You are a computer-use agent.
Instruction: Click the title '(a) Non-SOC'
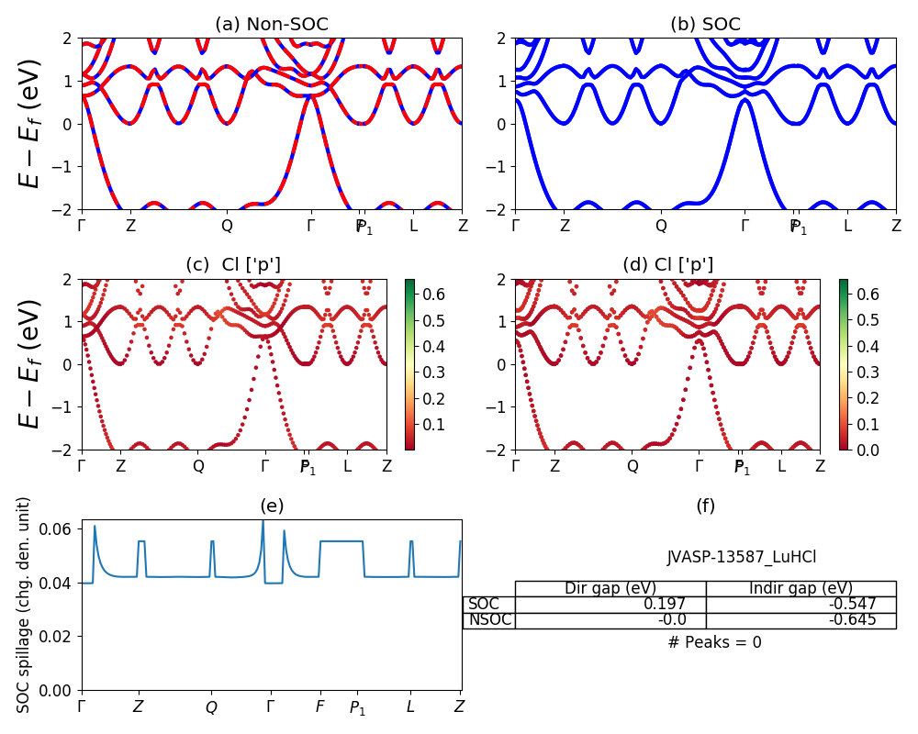coord(271,25)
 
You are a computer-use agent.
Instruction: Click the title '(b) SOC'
coord(705,25)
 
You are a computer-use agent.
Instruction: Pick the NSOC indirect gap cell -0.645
coord(853,619)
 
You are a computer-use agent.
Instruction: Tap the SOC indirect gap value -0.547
coord(853,604)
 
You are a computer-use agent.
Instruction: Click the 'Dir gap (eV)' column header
coord(610,588)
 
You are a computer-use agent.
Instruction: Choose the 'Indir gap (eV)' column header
coord(800,588)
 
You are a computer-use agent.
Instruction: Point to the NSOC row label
coord(489,619)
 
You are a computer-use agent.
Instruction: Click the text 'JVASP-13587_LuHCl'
coord(741,557)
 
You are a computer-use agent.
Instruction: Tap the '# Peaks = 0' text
coord(714,642)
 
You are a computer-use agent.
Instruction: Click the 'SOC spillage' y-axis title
coord(25,605)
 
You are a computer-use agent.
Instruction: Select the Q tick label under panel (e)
coord(211,707)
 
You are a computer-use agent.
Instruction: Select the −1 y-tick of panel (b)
coord(499,167)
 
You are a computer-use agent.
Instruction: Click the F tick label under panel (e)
coord(319,707)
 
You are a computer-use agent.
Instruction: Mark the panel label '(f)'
coord(705,506)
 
